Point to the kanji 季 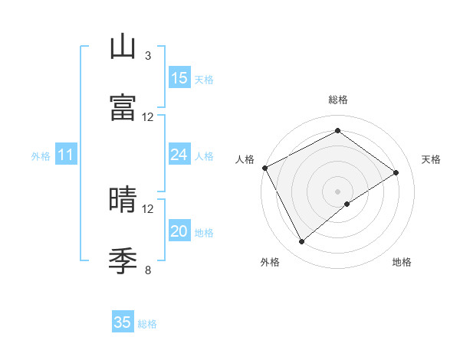coord(123,260)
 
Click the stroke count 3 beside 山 coord(147,56)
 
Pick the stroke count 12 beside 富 coord(148,116)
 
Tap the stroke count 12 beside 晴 coord(148,208)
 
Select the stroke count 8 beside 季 coord(147,270)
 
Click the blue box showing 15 coord(179,78)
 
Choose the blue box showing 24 coord(179,155)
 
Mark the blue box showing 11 coord(66,155)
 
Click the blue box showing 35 coord(123,322)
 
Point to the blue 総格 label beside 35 coord(148,324)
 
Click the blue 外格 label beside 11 coord(41,156)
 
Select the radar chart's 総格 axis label coord(338,100)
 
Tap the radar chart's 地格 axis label coord(402,263)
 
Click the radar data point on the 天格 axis coord(396,172)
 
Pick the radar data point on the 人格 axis coord(264,168)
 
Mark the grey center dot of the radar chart coord(338,191)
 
